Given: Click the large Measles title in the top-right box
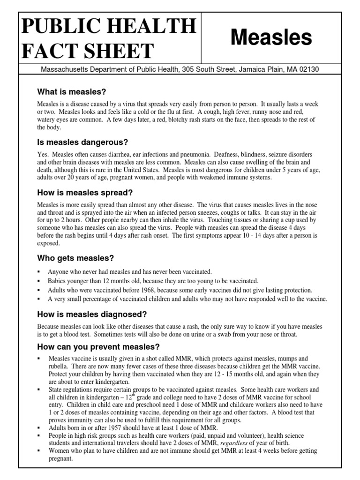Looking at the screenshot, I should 271,38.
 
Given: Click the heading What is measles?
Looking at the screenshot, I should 72,91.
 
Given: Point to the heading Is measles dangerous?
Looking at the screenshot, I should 82,142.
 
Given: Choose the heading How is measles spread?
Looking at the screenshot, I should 85,193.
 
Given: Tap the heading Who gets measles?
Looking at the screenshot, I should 75,258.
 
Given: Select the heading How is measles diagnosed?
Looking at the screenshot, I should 92,315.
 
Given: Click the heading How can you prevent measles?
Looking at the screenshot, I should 98,347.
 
